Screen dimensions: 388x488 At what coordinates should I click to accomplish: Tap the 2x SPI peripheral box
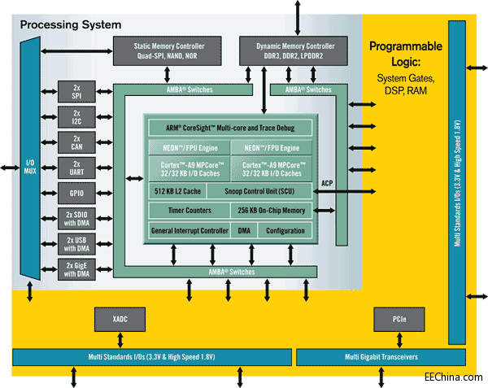[76, 92]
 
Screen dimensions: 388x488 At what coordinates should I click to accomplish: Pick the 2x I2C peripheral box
[76, 117]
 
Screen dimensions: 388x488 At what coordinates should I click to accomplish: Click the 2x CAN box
[76, 142]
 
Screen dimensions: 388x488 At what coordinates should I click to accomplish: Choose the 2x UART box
[76, 168]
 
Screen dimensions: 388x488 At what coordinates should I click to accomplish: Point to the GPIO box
[76, 193]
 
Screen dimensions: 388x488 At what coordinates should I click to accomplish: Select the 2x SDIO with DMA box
[76, 218]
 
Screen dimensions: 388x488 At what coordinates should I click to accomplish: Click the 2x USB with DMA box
[76, 244]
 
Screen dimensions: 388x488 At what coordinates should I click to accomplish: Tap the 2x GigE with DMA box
[76, 269]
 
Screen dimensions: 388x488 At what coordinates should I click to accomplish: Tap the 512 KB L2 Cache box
[174, 190]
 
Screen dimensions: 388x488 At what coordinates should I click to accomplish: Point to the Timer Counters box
[174, 211]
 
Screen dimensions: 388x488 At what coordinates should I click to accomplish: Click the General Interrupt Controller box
[190, 231]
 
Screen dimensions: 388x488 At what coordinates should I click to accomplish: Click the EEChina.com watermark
[453, 377]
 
